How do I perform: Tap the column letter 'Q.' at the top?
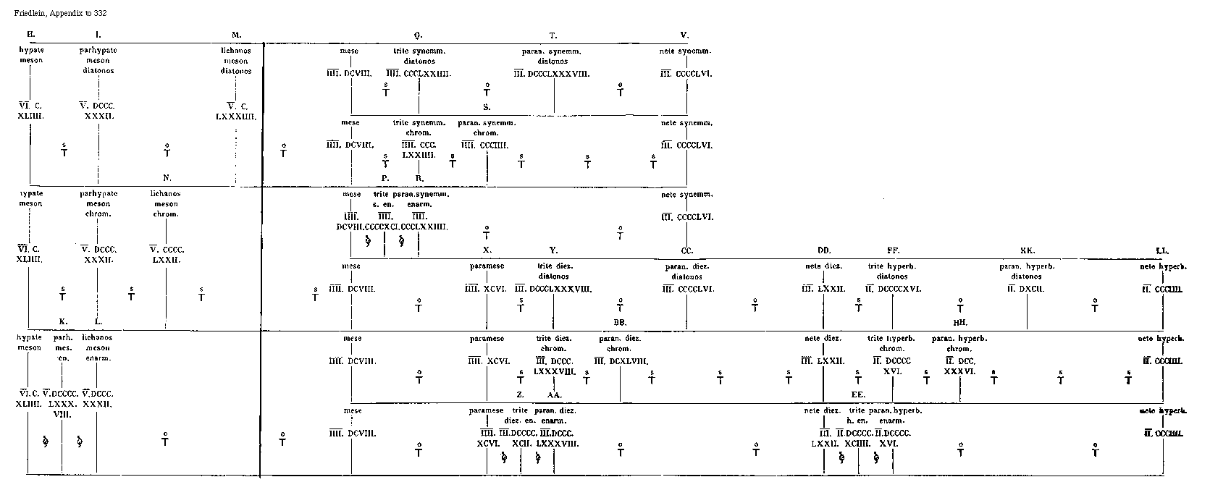pyautogui.click(x=419, y=35)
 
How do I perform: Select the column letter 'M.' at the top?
pyautogui.click(x=236, y=35)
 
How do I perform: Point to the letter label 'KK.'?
pyautogui.click(x=1027, y=250)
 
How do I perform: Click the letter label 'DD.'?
pyautogui.click(x=824, y=250)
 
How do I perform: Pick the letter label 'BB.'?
pyautogui.click(x=620, y=322)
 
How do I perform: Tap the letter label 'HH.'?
pyautogui.click(x=960, y=322)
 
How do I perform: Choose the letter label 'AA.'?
pyautogui.click(x=554, y=394)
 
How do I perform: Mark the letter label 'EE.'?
pyautogui.click(x=859, y=394)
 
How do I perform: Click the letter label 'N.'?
pyautogui.click(x=167, y=177)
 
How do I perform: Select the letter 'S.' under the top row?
pyautogui.click(x=487, y=106)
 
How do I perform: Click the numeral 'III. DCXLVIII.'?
pyautogui.click(x=621, y=361)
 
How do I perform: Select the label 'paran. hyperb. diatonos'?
pyautogui.click(x=1026, y=271)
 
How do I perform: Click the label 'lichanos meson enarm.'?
pyautogui.click(x=97, y=347)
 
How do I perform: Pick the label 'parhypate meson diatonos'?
pyautogui.click(x=98, y=61)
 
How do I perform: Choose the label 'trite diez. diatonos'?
pyautogui.click(x=554, y=271)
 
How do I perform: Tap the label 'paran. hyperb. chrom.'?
pyautogui.click(x=959, y=343)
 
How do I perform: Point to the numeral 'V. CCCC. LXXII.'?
pyautogui.click(x=166, y=254)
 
